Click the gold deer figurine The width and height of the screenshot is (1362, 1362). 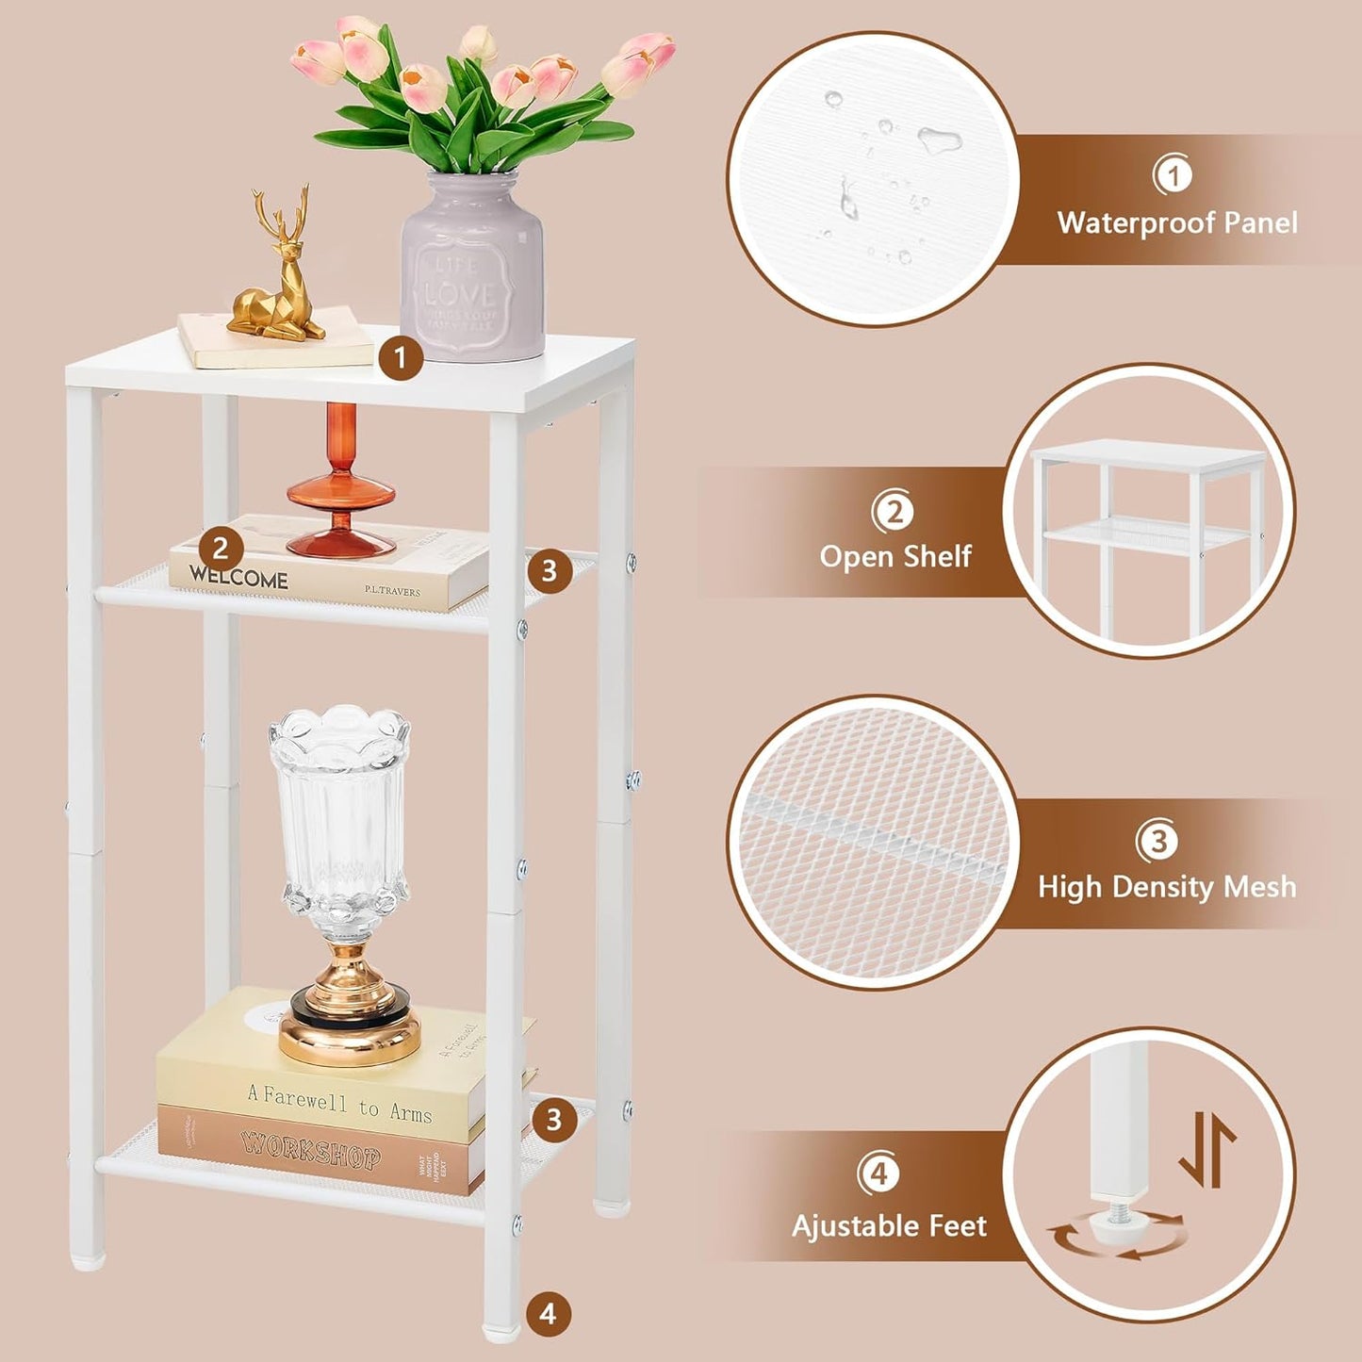tap(279, 273)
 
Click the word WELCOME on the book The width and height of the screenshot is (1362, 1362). tap(239, 577)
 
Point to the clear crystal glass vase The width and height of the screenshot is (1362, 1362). tap(340, 820)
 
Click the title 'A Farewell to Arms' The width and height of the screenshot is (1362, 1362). tap(339, 1102)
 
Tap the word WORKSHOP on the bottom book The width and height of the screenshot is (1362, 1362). tap(311, 1151)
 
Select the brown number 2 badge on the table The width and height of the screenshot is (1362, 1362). tap(221, 548)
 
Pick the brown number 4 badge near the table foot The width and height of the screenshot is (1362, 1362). tap(549, 1313)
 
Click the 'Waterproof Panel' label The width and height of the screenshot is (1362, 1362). tap(1177, 223)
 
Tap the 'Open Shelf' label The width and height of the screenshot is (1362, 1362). tap(895, 556)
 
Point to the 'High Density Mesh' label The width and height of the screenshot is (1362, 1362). tap(1167, 887)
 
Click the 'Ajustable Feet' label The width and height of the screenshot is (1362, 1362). tap(889, 1225)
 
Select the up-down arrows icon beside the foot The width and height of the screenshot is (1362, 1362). tap(1207, 1149)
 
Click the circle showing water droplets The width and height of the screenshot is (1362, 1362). tap(873, 179)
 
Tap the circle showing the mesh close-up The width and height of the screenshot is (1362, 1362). tap(873, 842)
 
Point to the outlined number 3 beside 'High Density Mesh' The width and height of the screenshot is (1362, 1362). tap(1158, 840)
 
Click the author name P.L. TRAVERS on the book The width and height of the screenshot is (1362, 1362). tap(392, 591)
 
